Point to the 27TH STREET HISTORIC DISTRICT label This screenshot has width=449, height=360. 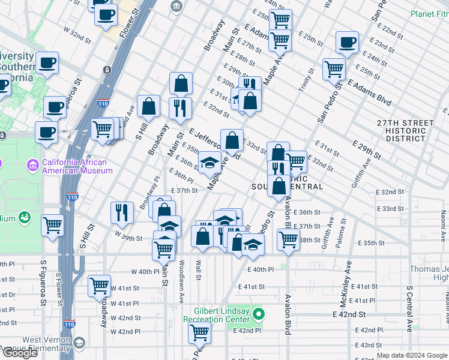tap(405, 130)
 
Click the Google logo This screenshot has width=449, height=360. tap(20, 353)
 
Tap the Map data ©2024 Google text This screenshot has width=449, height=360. tap(412, 355)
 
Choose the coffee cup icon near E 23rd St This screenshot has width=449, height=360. tap(347, 43)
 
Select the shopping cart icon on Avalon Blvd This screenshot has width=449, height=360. tap(289, 239)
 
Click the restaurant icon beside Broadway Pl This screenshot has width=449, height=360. tap(122, 212)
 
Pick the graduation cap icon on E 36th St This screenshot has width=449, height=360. tap(209, 163)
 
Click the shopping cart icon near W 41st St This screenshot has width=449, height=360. tap(99, 286)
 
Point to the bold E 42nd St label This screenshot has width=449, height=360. tap(349, 314)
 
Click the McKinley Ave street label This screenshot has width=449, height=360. tap(349, 280)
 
